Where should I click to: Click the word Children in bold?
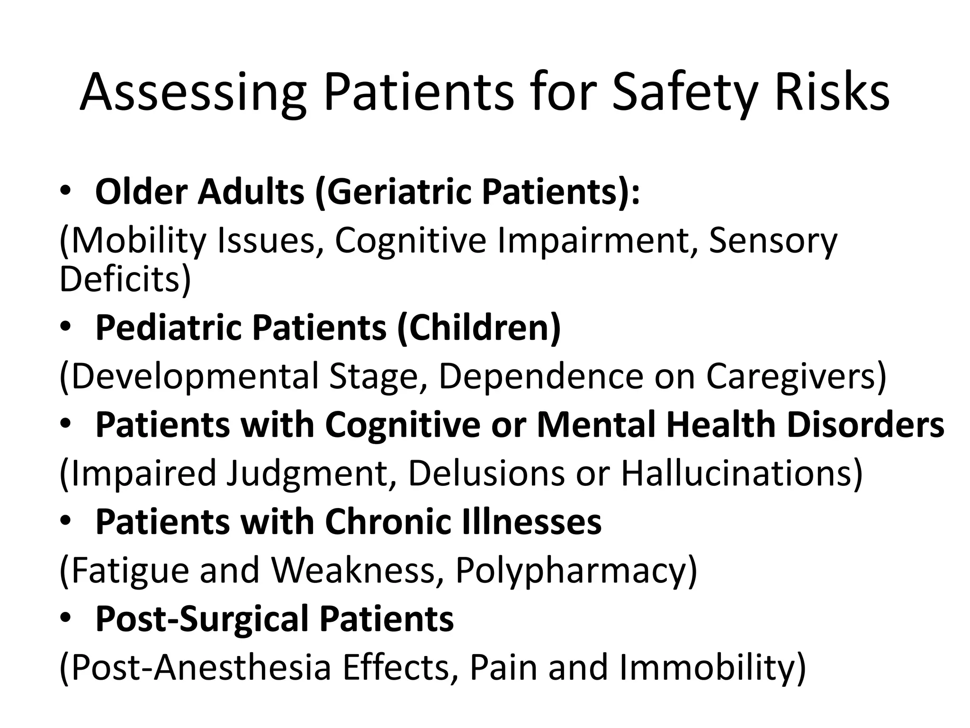478,328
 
